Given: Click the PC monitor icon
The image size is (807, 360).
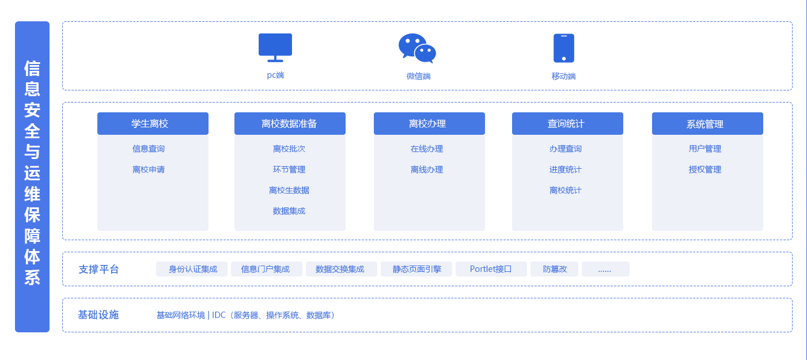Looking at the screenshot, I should [x=275, y=47].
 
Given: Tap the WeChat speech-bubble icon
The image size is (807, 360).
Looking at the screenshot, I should [x=417, y=48].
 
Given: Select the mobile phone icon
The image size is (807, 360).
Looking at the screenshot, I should [x=563, y=48].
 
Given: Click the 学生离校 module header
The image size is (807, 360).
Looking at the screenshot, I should [x=153, y=124].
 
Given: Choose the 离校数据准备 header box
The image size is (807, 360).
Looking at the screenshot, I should [x=290, y=124].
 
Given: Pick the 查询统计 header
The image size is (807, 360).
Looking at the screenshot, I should [x=567, y=124].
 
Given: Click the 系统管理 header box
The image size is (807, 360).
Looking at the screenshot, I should [x=707, y=124].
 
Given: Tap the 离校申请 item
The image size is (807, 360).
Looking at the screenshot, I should [x=149, y=169].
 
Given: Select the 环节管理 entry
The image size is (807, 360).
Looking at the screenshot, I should [x=289, y=169].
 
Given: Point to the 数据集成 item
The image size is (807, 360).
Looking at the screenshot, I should [x=289, y=211].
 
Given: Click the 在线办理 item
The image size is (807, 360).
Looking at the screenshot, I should [x=427, y=149].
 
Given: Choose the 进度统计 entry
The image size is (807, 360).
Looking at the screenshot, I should [x=566, y=169].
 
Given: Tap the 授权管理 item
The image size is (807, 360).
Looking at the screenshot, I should [x=705, y=169].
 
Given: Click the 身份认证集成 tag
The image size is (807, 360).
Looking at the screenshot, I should [x=193, y=269].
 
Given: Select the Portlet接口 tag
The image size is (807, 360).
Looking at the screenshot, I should [x=491, y=269].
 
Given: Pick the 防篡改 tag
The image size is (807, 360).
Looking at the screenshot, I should [x=554, y=269].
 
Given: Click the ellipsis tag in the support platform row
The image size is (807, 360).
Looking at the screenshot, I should [x=605, y=269].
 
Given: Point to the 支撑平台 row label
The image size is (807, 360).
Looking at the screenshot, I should [x=98, y=269].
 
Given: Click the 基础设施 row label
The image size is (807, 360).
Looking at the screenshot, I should [x=98, y=315].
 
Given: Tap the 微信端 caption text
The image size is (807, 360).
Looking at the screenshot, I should [x=419, y=76].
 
